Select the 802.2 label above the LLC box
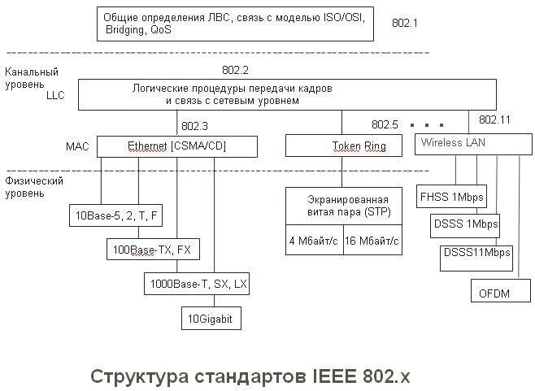(x=235, y=71)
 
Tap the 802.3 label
(x=195, y=126)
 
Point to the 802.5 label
(x=385, y=124)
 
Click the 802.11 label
(x=494, y=119)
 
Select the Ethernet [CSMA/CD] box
(x=177, y=146)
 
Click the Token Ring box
(x=342, y=146)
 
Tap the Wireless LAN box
(x=469, y=145)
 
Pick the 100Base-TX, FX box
(x=153, y=249)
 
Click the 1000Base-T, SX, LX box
(x=198, y=284)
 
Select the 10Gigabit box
(x=211, y=319)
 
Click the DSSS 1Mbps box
(x=466, y=224)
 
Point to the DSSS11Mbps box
(x=477, y=253)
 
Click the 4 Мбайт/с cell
(x=314, y=241)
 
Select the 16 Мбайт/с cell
(x=372, y=241)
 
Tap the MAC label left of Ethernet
(x=77, y=147)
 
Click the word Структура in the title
(x=139, y=376)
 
